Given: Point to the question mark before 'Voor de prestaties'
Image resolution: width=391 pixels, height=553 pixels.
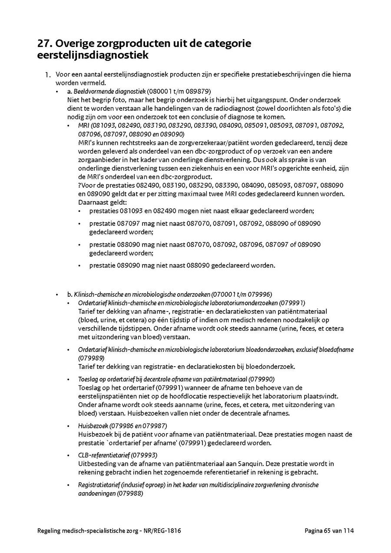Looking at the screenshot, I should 80,185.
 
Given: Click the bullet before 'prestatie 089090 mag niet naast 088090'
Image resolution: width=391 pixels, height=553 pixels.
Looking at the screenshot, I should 80,265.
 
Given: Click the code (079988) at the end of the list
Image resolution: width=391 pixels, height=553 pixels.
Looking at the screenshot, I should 130,493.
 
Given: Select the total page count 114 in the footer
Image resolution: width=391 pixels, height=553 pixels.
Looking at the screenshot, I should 349,531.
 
